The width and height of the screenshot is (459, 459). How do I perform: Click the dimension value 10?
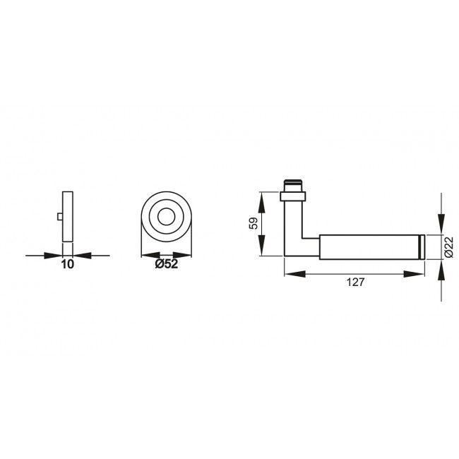(67, 264)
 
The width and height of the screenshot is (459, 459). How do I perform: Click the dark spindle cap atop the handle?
(293, 184)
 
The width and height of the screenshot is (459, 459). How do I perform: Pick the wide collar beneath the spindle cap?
(293, 193)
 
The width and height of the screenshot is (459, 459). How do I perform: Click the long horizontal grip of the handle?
(367, 245)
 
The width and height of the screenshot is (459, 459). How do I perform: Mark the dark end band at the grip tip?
(421, 245)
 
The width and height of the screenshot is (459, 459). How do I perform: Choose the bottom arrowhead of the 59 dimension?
(262, 251)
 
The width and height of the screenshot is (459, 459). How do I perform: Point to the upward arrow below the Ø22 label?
(441, 264)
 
